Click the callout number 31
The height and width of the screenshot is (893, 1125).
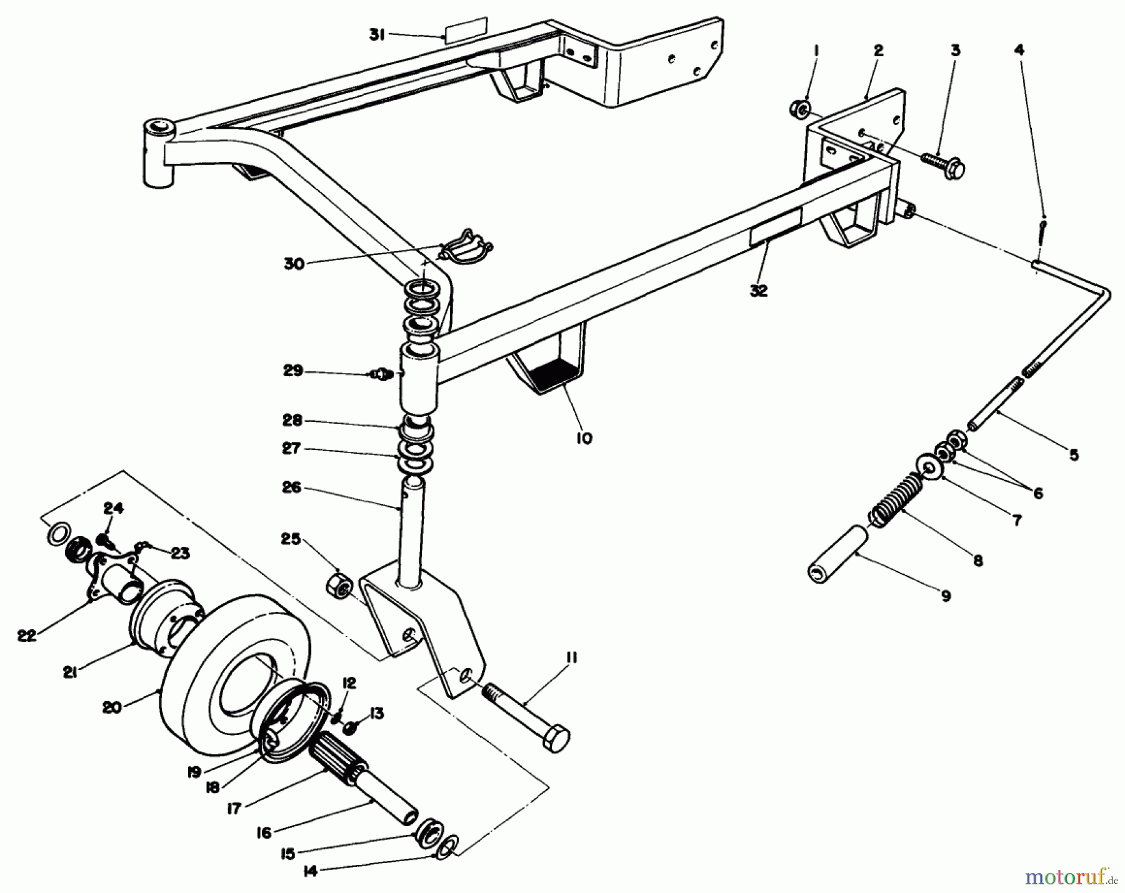pos(376,36)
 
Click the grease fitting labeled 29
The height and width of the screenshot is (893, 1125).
pos(379,374)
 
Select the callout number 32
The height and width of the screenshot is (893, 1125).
pos(759,291)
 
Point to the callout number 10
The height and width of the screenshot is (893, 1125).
pos(583,438)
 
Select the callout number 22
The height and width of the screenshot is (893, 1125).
pos(26,635)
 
